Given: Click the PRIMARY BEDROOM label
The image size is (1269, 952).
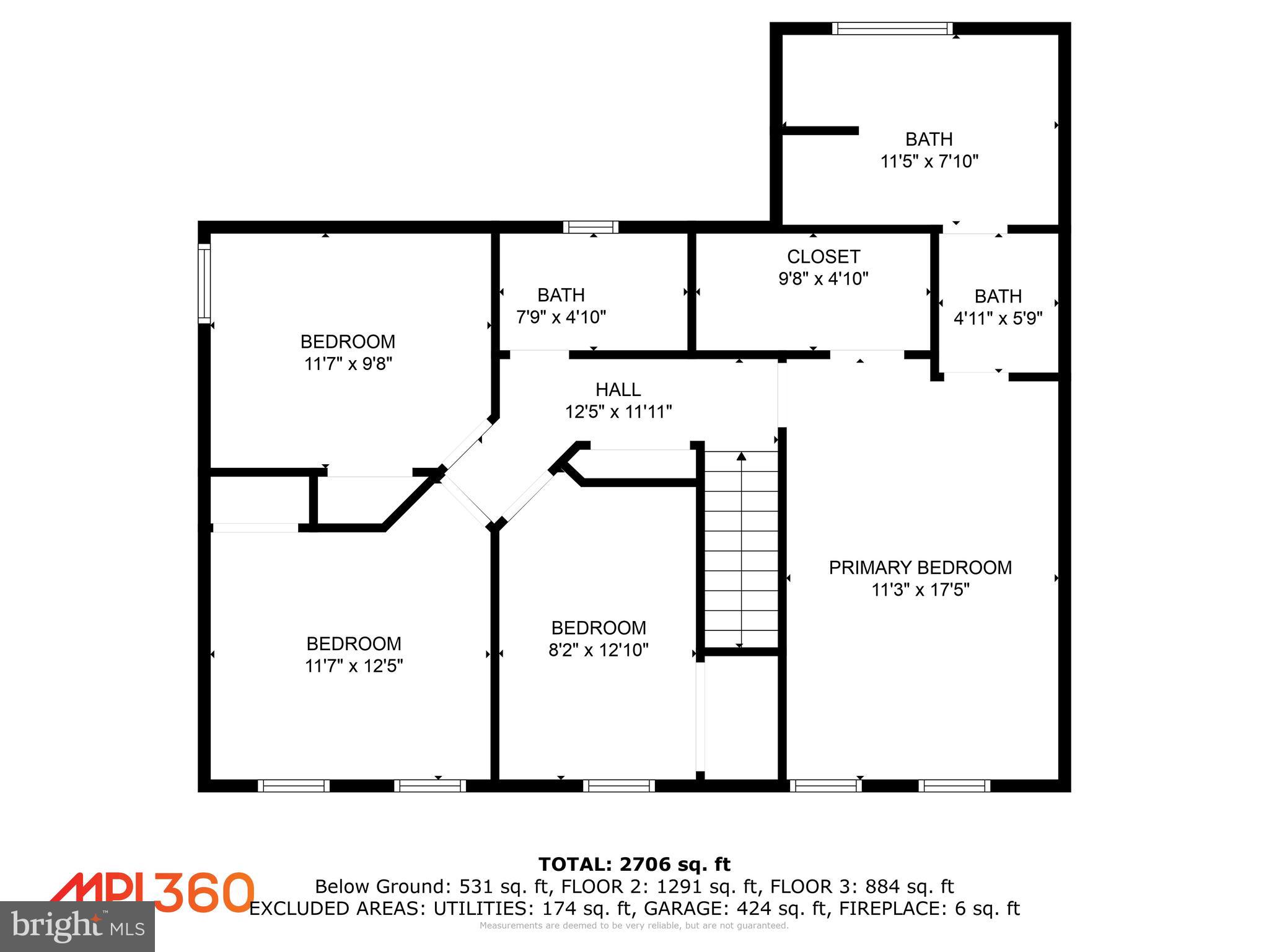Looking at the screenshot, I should (920, 568).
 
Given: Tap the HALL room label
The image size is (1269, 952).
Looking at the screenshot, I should (618, 390).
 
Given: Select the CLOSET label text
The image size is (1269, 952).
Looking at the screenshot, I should (823, 257).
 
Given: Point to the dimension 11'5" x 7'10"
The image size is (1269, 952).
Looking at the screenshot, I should (929, 162).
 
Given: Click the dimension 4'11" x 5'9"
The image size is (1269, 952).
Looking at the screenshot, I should (998, 319).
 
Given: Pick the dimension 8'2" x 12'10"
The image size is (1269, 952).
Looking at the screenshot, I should (599, 650).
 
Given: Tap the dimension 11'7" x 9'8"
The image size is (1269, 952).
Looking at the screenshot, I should (348, 364).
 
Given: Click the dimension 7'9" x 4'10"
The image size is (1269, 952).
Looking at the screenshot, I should (561, 317).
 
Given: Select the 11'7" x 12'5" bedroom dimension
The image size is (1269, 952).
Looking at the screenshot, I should (354, 666).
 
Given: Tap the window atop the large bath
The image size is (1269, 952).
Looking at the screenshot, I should (892, 29).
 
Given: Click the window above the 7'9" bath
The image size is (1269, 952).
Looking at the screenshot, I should (591, 227).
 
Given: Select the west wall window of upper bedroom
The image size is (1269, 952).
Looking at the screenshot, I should (204, 283).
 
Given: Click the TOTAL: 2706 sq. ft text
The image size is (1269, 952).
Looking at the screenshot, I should (634, 864).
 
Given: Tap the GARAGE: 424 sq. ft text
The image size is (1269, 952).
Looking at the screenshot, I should (736, 909).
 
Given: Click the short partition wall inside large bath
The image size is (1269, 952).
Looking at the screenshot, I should (819, 130).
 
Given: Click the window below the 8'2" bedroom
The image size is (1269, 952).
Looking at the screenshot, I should (618, 786).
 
